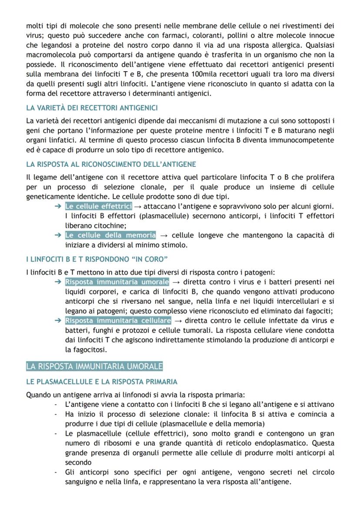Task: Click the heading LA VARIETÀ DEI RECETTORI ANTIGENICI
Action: pyautogui.click(x=92, y=107)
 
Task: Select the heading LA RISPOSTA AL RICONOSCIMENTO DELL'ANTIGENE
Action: pyautogui.click(x=111, y=164)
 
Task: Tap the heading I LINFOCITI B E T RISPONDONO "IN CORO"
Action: pyautogui.click(x=97, y=259)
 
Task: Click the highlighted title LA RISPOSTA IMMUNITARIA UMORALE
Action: pyautogui.click(x=94, y=366)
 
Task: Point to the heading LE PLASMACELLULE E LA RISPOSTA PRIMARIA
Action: pyautogui.click(x=102, y=382)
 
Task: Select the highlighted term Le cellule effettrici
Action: pyautogui.click(x=98, y=206)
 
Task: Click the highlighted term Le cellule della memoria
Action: pyautogui.click(x=110, y=235)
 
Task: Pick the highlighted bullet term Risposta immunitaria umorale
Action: pyautogui.click(x=117, y=282)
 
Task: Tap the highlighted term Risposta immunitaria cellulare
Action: pyautogui.click(x=118, y=321)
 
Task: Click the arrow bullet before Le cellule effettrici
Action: pyautogui.click(x=58, y=206)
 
